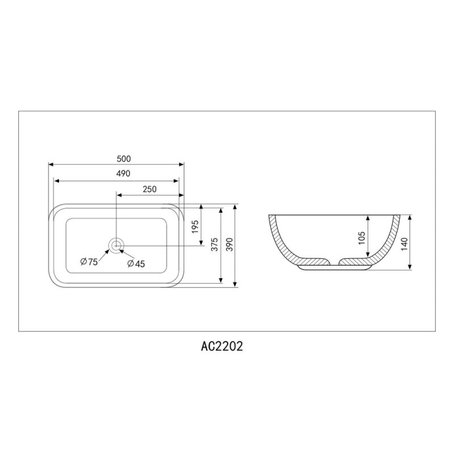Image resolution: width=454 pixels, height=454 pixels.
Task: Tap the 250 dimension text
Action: (149, 190)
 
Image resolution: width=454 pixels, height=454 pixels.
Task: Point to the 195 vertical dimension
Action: (196, 227)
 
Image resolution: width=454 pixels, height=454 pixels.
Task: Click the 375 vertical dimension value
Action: (213, 245)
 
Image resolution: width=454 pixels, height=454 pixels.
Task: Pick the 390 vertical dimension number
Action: (229, 245)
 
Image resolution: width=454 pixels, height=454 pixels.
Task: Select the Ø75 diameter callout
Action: (89, 262)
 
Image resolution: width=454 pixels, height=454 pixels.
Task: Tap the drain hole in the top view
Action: (116, 245)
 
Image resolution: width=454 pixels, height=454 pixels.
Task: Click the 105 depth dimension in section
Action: (361, 238)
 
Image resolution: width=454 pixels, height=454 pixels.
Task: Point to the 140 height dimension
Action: (403, 244)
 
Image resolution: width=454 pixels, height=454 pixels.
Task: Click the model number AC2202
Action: (218, 346)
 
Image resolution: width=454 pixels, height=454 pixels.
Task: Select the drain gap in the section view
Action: (334, 262)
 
